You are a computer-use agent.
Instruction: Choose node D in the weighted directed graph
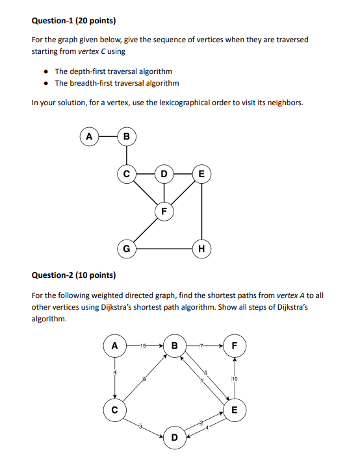(175, 438)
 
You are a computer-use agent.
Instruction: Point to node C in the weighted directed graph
(115, 410)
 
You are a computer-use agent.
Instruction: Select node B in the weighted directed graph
(174, 345)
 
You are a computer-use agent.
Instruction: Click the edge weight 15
(142, 345)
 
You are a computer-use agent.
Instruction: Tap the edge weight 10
(235, 378)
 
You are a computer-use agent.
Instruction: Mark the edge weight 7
(203, 345)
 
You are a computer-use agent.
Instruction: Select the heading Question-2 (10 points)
(73, 275)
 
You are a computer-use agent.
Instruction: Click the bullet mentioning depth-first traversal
(113, 71)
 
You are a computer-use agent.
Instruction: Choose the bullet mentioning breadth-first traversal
(116, 83)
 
